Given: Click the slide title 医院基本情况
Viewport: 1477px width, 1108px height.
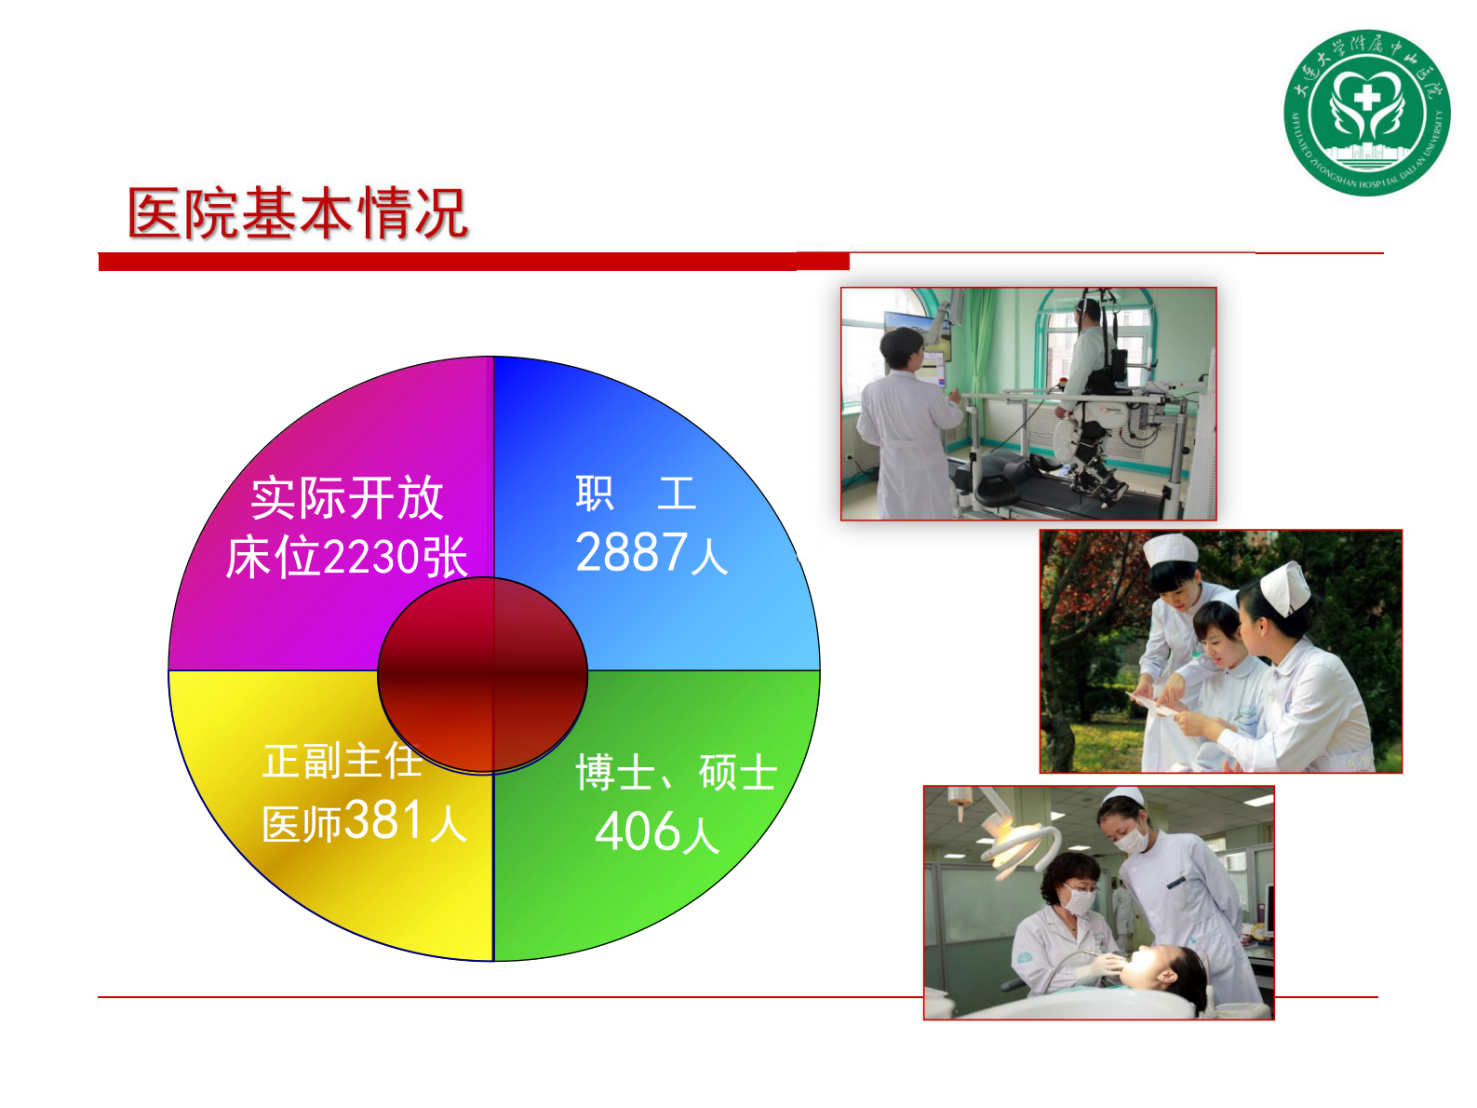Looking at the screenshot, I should tap(297, 212).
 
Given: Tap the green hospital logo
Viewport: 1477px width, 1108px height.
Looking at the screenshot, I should tap(1366, 112).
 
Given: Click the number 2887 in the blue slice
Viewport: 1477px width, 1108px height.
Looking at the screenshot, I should tap(631, 553).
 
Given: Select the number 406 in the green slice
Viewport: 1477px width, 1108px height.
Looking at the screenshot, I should tap(638, 831).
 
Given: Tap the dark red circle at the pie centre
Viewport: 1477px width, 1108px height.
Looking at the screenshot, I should tap(482, 675).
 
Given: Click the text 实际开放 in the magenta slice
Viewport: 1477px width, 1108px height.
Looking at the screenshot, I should tap(347, 498).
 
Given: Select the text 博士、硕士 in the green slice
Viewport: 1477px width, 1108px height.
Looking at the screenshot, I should tap(676, 773).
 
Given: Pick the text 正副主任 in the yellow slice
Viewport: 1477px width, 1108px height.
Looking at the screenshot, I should tap(342, 761).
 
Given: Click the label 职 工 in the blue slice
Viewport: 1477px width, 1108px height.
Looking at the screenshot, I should tap(635, 493).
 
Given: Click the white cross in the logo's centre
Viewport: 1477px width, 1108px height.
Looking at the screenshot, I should tap(1366, 97).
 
